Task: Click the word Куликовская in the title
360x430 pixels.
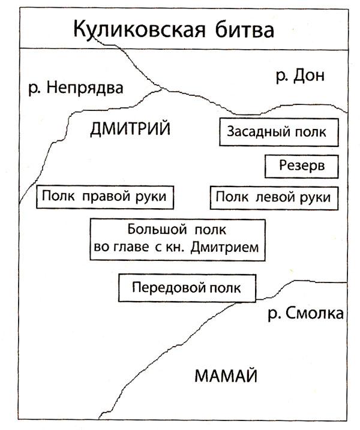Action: point(139,29)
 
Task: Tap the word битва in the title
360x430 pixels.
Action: point(244,29)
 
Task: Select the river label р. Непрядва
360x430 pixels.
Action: point(76,89)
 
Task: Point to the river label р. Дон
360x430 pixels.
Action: point(300,76)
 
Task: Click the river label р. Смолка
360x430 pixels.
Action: point(305,313)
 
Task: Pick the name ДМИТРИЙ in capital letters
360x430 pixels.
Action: point(130,128)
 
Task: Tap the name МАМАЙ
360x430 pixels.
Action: point(226,375)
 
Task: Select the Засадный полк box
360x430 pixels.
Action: point(279,132)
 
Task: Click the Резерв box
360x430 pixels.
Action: point(302,167)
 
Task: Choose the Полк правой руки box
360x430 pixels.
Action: point(105,197)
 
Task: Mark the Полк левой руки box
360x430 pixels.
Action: point(274,198)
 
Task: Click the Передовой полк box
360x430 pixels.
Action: point(187,288)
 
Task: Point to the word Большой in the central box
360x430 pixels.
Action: point(157,230)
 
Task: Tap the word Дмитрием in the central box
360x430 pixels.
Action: point(225,247)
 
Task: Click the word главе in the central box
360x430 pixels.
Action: point(130,248)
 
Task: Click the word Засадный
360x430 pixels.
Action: point(258,132)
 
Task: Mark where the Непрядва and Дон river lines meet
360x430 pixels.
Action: point(163,88)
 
